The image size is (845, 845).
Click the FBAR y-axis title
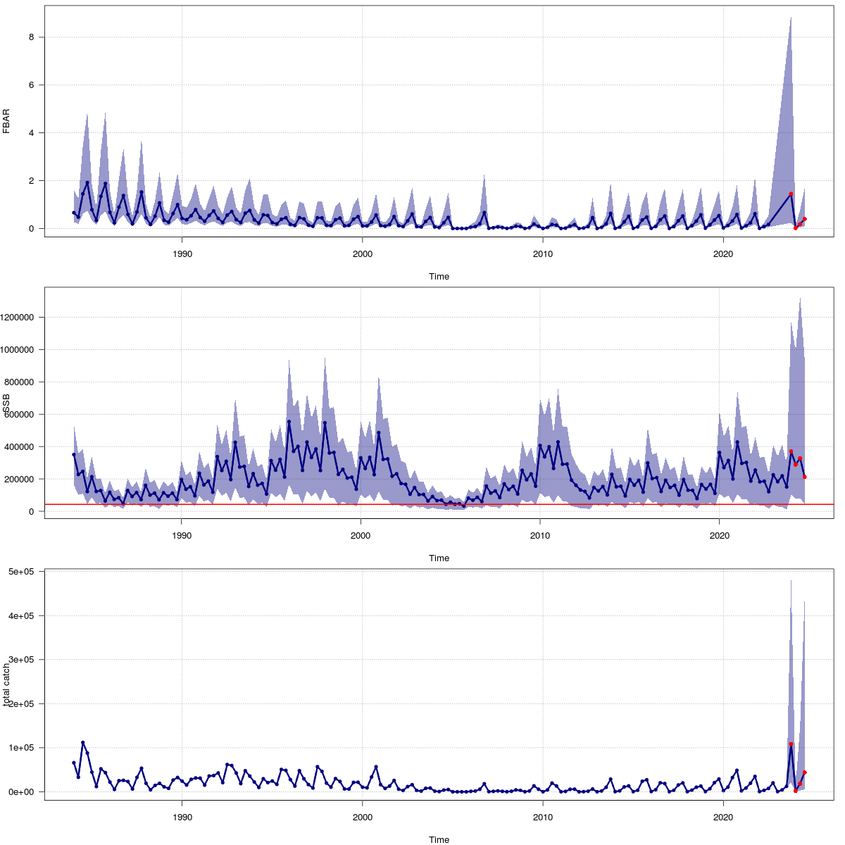(6, 120)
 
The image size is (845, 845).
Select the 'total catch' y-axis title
(6, 684)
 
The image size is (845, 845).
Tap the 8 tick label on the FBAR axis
(31, 37)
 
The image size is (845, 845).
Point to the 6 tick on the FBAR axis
(31, 85)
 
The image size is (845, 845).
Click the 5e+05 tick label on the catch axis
(23, 572)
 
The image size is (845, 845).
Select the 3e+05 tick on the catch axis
(23, 660)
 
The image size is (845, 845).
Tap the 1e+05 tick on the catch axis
(23, 748)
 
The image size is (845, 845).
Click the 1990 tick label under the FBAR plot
(182, 254)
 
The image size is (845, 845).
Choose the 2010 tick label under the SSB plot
(540, 535)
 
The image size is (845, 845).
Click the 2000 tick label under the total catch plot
(362, 817)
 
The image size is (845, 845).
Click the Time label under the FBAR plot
(439, 277)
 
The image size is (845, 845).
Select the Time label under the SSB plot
(439, 558)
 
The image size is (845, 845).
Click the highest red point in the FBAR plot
(791, 194)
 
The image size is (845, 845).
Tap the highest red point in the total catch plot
(791, 744)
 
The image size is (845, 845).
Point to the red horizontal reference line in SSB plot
(423, 505)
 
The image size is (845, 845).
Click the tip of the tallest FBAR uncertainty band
(791, 17)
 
